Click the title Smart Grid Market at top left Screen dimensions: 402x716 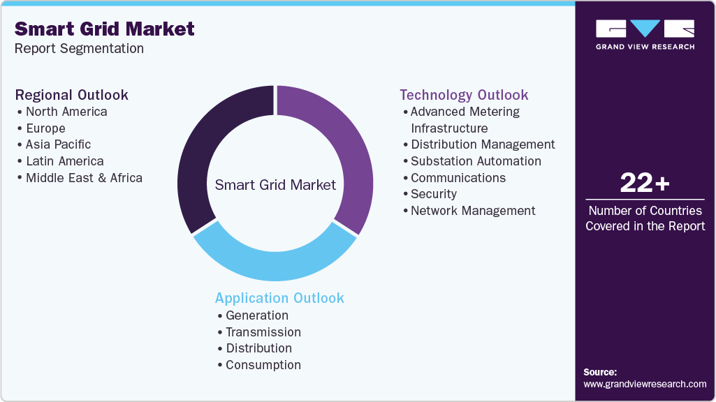(x=105, y=29)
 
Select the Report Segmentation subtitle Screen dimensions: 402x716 (x=79, y=49)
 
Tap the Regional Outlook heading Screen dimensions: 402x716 (x=71, y=95)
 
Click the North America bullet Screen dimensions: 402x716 (x=66, y=112)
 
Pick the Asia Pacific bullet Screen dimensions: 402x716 (x=58, y=144)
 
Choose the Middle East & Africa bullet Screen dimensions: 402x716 (x=84, y=178)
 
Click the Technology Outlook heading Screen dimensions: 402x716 (x=464, y=95)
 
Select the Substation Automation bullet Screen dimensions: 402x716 (x=476, y=161)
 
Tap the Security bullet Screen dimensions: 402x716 (x=433, y=194)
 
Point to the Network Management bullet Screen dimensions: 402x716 (x=473, y=211)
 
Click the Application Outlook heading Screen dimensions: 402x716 (x=279, y=298)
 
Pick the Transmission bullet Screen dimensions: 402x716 (x=263, y=332)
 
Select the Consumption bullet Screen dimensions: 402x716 (x=263, y=365)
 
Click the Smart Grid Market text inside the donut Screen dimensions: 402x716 (x=275, y=185)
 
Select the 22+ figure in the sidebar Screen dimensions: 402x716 (x=645, y=184)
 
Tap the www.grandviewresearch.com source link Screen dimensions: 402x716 (x=645, y=384)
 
